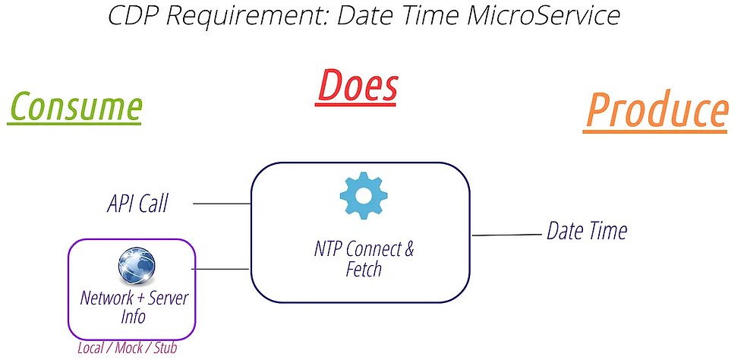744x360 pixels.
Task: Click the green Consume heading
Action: tap(75, 107)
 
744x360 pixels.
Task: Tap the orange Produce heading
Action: tap(657, 112)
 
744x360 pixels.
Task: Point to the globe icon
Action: tap(136, 267)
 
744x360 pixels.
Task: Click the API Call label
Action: tap(137, 204)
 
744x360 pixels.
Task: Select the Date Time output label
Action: tap(587, 231)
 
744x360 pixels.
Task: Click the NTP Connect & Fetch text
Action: tap(364, 259)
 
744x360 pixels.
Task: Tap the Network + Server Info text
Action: tap(134, 305)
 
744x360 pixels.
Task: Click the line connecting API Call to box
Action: tap(222, 204)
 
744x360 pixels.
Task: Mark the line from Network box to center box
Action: tap(220, 268)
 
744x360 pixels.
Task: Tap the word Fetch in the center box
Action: tap(364, 270)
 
